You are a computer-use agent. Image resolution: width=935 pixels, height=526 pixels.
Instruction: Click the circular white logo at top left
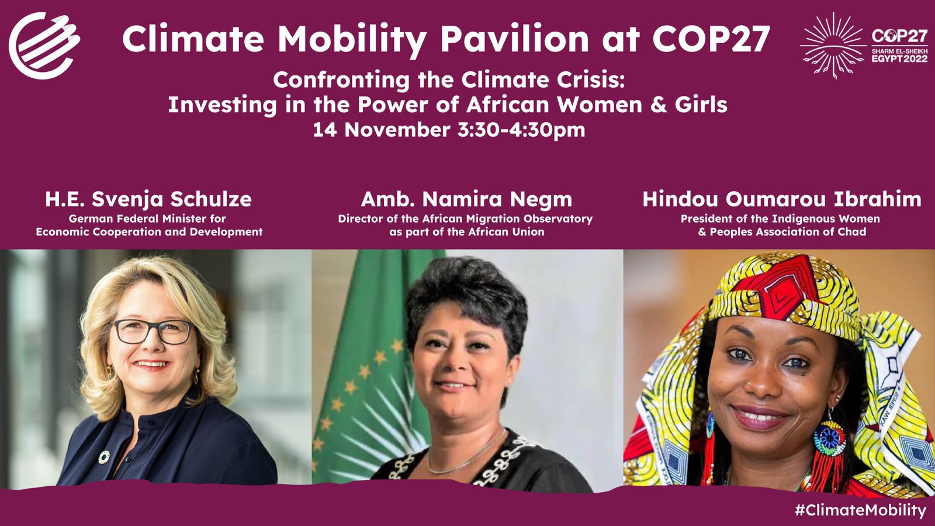pyautogui.click(x=44, y=46)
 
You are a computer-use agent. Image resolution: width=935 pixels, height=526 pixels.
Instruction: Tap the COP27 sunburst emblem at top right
pyautogui.click(x=833, y=45)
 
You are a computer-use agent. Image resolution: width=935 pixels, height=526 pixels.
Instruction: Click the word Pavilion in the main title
pyautogui.click(x=515, y=39)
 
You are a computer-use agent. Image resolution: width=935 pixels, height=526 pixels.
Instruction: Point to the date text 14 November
pyautogui.click(x=382, y=130)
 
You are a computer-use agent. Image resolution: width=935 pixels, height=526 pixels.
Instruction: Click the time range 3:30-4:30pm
pyautogui.click(x=521, y=130)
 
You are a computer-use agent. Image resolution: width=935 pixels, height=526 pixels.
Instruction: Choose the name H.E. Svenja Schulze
pyautogui.click(x=148, y=199)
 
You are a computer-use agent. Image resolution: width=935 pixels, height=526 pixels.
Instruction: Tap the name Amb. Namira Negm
pyautogui.click(x=466, y=199)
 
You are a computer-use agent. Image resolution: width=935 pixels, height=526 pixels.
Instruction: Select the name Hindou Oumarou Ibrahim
pyautogui.click(x=782, y=199)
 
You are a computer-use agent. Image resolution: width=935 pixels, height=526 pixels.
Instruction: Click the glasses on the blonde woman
pyautogui.click(x=153, y=332)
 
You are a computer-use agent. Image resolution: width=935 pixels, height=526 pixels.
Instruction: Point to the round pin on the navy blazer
pyautogui.click(x=104, y=457)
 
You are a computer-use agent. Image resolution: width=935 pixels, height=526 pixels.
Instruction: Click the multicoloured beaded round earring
pyautogui.click(x=829, y=439)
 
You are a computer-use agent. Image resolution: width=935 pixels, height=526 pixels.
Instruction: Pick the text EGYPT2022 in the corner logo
pyautogui.click(x=899, y=59)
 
